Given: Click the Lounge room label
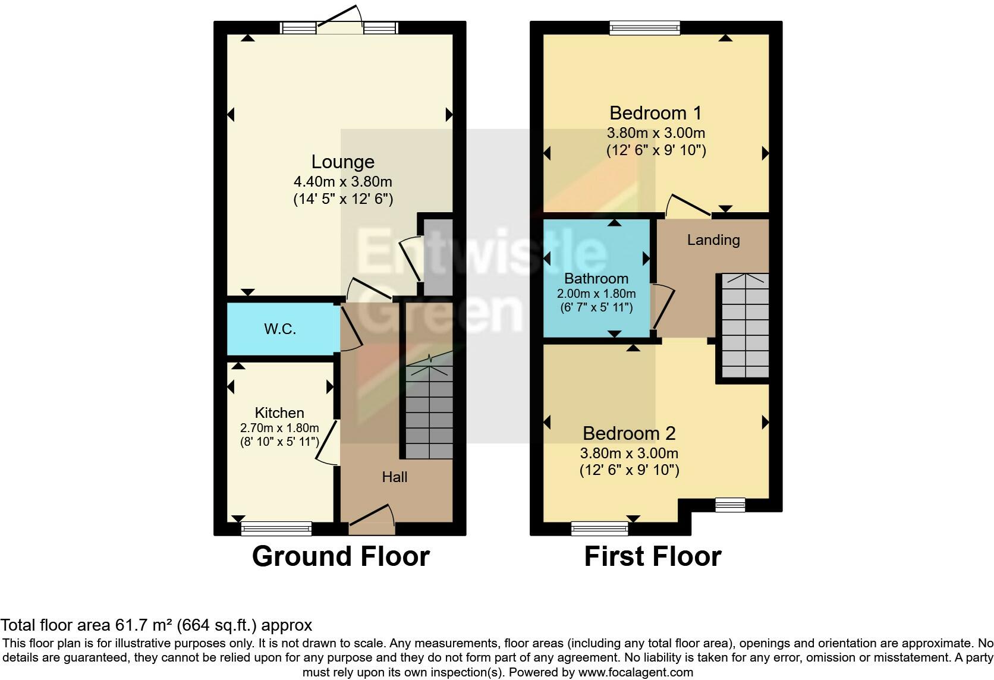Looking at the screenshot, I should click(x=343, y=162).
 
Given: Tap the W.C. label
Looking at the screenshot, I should click(x=280, y=329).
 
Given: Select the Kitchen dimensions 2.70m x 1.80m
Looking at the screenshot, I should click(x=279, y=428).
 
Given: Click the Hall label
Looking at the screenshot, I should click(x=395, y=477).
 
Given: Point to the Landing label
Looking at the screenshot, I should click(x=713, y=240).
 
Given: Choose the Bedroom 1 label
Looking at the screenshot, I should click(x=656, y=113).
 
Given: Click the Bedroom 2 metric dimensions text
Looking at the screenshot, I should click(x=629, y=453).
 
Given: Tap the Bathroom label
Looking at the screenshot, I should click(x=596, y=278).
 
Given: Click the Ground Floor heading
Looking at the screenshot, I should click(x=341, y=556).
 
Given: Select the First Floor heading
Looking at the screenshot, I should click(x=652, y=556).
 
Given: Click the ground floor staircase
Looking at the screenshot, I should click(x=429, y=410).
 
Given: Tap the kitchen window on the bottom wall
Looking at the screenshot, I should click(x=276, y=528).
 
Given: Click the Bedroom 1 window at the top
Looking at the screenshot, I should click(x=644, y=27).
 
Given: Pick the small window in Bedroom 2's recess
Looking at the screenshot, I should click(x=729, y=505).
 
